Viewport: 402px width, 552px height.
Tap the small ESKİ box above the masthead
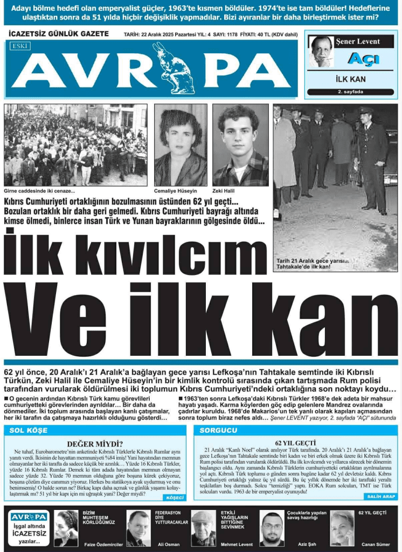tap(20, 46)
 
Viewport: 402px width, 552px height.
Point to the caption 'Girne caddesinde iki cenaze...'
tap(39, 191)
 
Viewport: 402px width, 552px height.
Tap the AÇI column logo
tap(363, 59)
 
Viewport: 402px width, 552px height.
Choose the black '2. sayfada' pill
tap(350, 92)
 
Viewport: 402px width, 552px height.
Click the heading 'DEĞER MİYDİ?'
tap(95, 444)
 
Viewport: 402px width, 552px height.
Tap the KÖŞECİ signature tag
tap(175, 498)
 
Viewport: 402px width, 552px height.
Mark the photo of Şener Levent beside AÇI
tap(321, 51)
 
